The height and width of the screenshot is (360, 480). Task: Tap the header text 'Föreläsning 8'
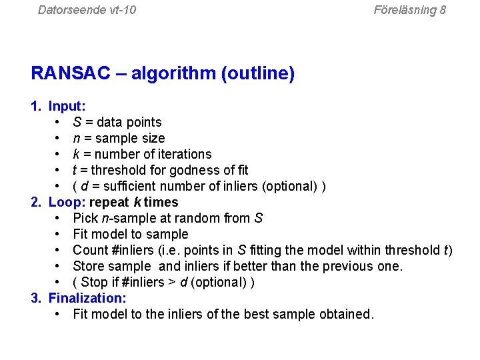click(409, 9)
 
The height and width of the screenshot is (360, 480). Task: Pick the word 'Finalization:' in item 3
click(87, 298)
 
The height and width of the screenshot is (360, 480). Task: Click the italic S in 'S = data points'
click(77, 122)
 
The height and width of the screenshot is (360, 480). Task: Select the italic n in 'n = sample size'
click(77, 138)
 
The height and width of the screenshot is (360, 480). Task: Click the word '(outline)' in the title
click(257, 73)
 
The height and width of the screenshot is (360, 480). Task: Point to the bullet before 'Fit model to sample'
click(59, 234)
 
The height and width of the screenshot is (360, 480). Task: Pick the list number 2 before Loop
click(36, 202)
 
